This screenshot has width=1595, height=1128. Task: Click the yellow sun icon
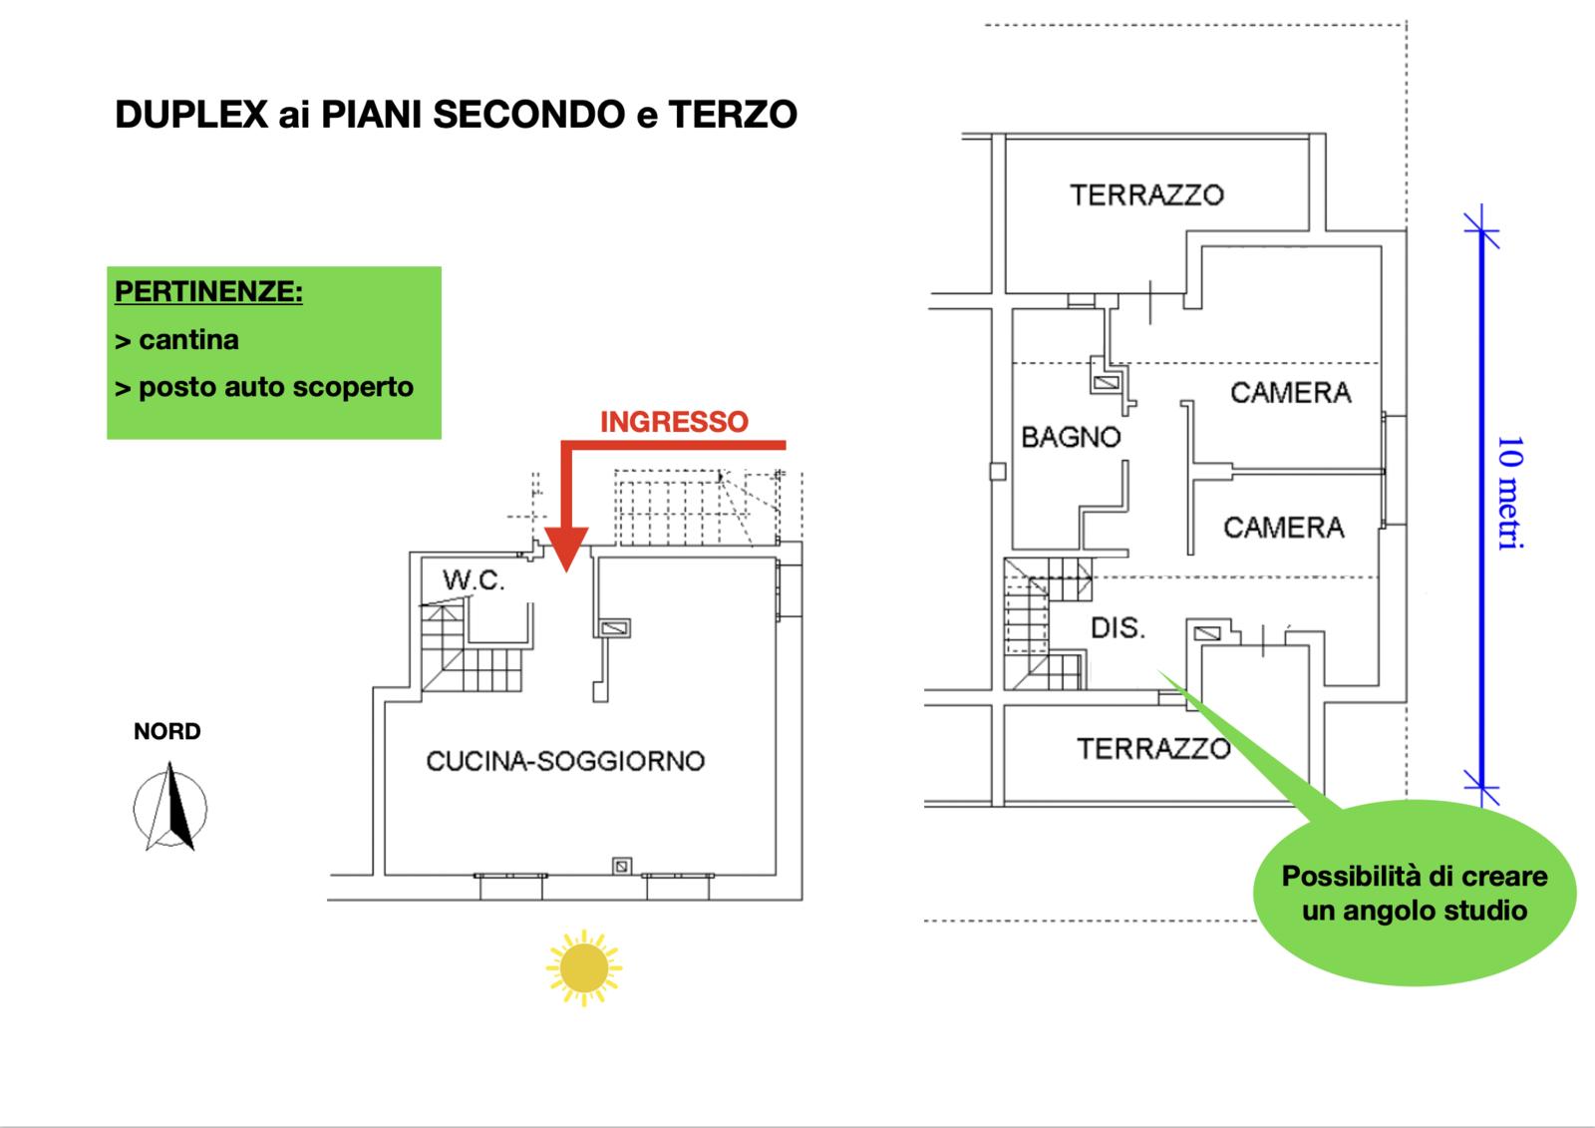point(583,967)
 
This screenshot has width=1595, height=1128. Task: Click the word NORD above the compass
point(167,731)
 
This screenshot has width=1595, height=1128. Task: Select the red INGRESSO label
point(674,422)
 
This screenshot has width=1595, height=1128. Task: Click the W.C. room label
point(474,579)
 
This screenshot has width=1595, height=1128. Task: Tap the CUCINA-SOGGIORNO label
point(565,761)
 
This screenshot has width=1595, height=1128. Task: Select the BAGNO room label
point(1071,437)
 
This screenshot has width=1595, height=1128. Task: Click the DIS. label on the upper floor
point(1117,628)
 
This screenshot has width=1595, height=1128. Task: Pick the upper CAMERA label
point(1290,393)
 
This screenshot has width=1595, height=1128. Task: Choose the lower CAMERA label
point(1283,528)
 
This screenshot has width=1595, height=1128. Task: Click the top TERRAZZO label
point(1146,194)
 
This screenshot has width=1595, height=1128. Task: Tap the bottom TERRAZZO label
point(1153,748)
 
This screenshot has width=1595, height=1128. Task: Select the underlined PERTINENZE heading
point(208,292)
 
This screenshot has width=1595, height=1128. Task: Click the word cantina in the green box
point(188,340)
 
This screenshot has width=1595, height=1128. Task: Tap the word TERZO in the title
point(733,115)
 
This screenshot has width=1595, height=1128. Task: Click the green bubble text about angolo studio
point(1414,893)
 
